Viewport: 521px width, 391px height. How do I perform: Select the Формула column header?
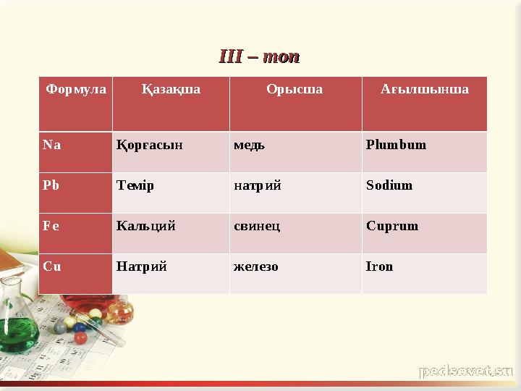pos(76,90)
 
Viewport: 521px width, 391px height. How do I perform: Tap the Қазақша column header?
pos(171,90)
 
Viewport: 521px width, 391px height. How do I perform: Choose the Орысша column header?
pos(295,90)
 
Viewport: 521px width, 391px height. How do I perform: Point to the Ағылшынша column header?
pos(424,90)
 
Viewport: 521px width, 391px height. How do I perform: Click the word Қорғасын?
pos(149,144)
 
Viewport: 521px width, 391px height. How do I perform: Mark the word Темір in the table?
pos(135,185)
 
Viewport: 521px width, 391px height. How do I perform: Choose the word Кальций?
pos(145,225)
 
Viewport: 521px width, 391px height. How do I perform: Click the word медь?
pos(249,144)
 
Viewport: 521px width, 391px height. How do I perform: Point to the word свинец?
pos(257,225)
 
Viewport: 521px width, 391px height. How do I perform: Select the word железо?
pos(255,266)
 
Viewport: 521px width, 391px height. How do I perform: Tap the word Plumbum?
pos(396,144)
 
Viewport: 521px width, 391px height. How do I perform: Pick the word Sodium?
pos(389,185)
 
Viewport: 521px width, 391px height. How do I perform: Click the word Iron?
pos(379,266)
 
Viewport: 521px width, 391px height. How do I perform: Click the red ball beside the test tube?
pos(80,337)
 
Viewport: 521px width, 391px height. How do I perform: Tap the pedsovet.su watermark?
pos(466,371)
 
